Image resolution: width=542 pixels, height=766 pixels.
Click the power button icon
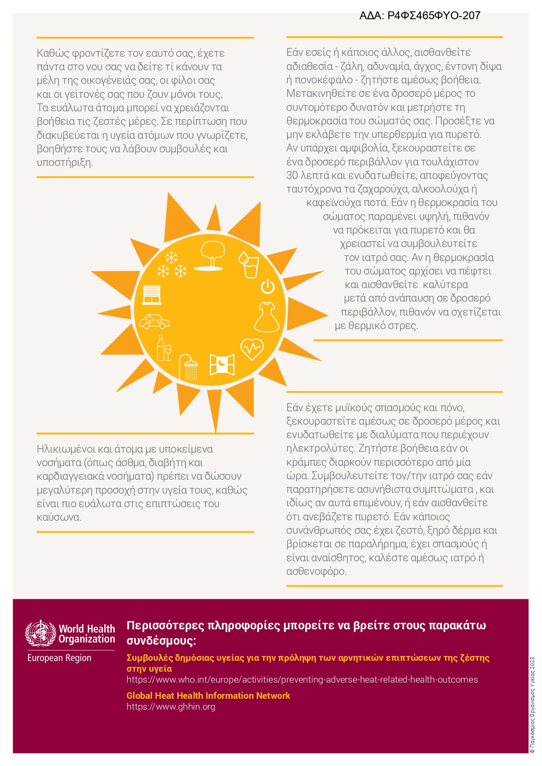(x=268, y=287)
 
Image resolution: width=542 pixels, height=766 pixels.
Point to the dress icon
(x=267, y=317)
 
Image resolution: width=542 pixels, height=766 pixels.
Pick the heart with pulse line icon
(x=252, y=349)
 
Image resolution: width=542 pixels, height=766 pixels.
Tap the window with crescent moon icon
(x=222, y=364)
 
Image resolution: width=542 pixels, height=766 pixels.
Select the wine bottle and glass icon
(x=164, y=348)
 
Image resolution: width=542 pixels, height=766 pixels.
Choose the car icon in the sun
(x=154, y=322)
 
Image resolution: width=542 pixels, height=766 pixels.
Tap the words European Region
(x=59, y=658)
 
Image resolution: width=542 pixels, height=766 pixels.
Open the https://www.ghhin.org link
(x=171, y=707)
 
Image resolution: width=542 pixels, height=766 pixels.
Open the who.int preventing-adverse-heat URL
(x=302, y=680)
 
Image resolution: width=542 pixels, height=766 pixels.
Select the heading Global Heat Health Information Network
(x=208, y=696)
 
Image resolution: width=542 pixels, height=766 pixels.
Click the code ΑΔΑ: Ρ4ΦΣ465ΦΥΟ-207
(x=420, y=16)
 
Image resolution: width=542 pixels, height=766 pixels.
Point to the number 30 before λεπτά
(x=292, y=175)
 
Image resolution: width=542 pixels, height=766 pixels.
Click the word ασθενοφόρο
(x=316, y=571)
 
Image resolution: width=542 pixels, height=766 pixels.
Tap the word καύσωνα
(x=59, y=517)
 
